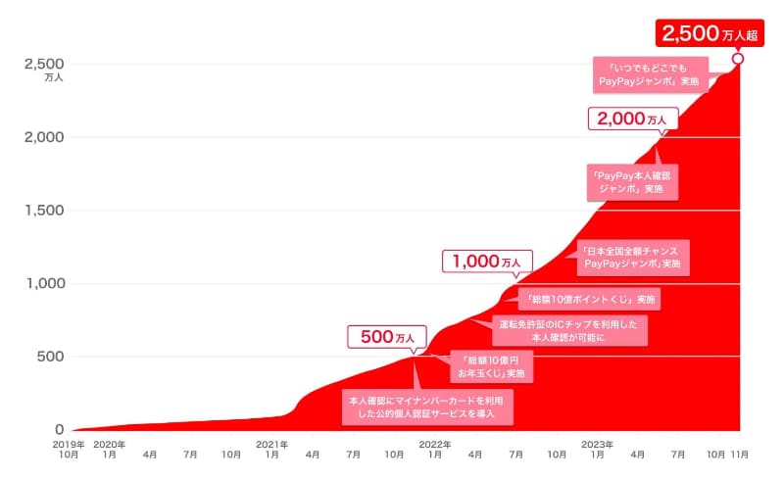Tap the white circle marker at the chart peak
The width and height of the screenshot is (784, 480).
[x=738, y=59]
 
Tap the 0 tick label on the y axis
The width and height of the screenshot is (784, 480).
[x=60, y=430]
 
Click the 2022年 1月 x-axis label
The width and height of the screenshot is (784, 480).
[x=434, y=450]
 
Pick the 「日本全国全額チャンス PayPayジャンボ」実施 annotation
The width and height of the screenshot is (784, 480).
[x=631, y=257]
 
